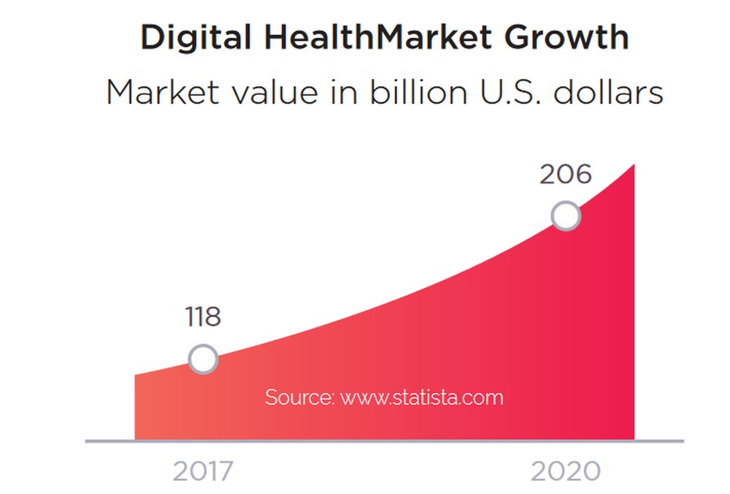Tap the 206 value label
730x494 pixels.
tap(565, 175)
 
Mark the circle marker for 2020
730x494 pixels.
tap(566, 216)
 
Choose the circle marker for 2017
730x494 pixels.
tap(203, 360)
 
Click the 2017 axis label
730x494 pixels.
tap(203, 471)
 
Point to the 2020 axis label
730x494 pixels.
tap(565, 471)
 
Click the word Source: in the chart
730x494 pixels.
tap(299, 398)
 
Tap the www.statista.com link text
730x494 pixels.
tap(422, 398)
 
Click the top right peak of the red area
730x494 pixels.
tap(632, 167)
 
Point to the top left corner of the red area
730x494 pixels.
tap(137, 376)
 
